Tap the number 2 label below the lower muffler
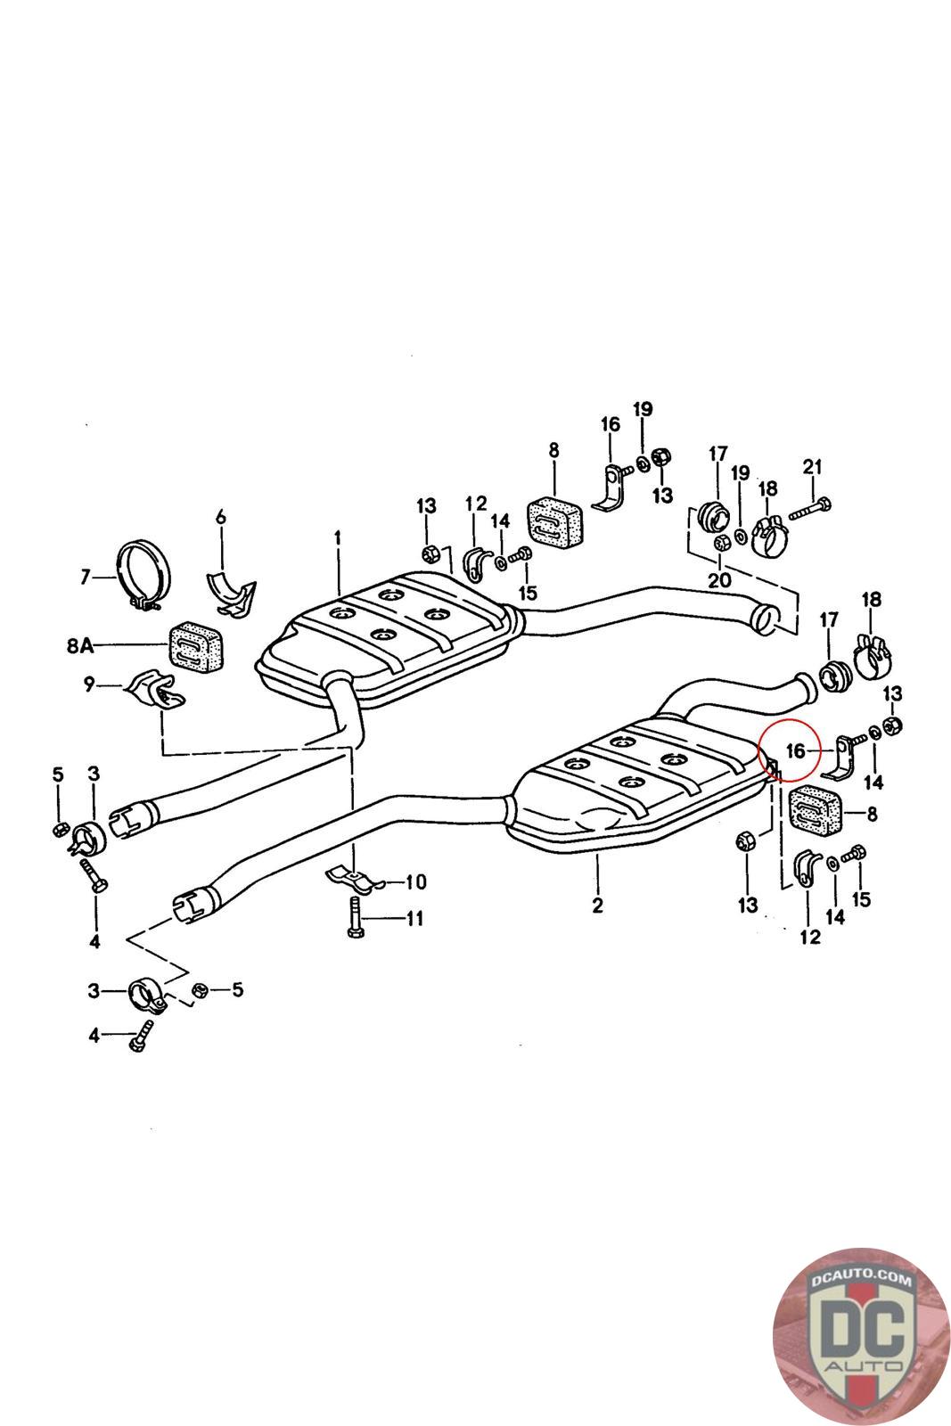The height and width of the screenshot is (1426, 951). [x=597, y=906]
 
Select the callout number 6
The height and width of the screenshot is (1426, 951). [x=221, y=517]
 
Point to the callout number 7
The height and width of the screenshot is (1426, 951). [x=86, y=578]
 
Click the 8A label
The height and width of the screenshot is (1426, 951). [x=79, y=645]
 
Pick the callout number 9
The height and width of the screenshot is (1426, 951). [x=88, y=685]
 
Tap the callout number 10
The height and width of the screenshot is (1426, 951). [x=415, y=882]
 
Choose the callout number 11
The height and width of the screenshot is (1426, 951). [x=414, y=917]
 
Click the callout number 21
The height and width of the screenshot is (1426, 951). [x=812, y=467]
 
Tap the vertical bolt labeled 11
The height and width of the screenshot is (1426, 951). [x=354, y=917]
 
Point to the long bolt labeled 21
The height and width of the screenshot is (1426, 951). [x=808, y=510]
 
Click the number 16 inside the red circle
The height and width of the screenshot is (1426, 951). [x=796, y=751]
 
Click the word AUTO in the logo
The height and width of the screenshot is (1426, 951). [x=860, y=1365]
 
